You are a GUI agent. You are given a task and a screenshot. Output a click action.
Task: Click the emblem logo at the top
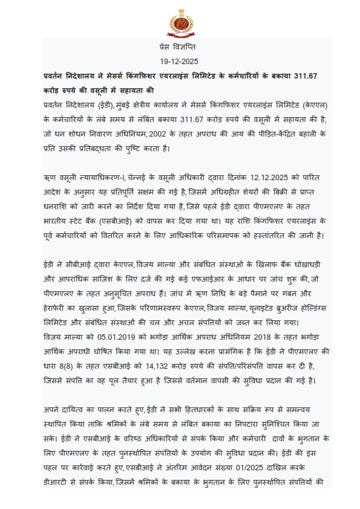click(x=180, y=21)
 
